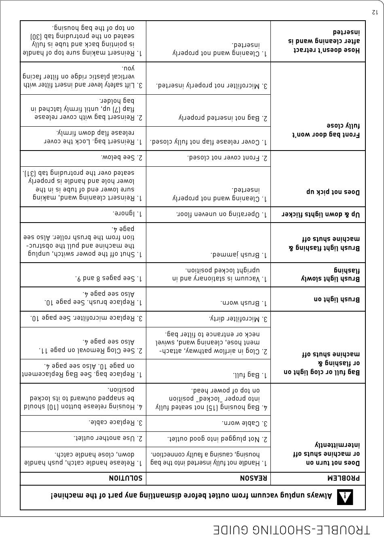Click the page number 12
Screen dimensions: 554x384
click(x=375, y=12)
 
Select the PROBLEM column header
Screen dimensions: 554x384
click(x=343, y=478)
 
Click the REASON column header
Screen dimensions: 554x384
click(x=253, y=478)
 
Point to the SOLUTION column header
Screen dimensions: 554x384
click(x=125, y=478)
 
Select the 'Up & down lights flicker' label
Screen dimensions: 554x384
click(x=321, y=214)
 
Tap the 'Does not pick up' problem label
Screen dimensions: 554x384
click(x=333, y=191)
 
